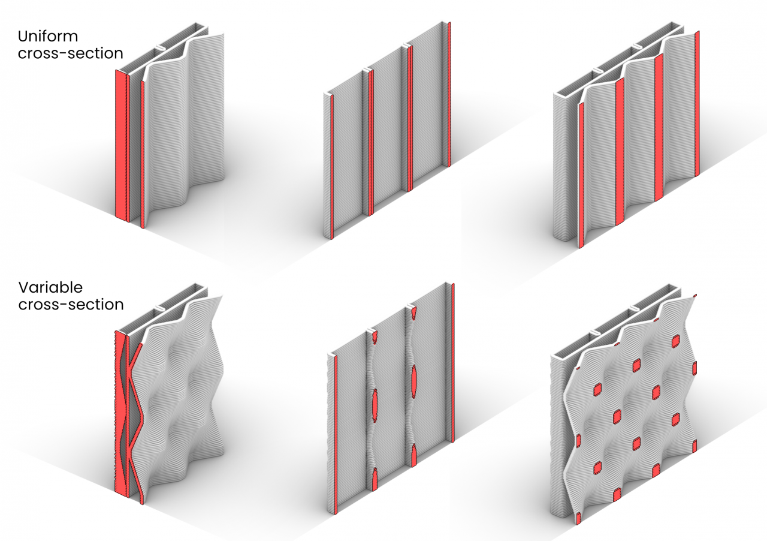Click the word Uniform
(x=48, y=37)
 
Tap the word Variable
(x=51, y=287)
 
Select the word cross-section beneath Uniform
(x=71, y=53)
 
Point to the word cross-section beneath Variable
(x=71, y=305)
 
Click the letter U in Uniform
(x=23, y=37)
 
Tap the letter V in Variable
(x=24, y=287)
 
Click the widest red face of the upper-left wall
(x=121, y=145)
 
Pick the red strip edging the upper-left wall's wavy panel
(x=143, y=154)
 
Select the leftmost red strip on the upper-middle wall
(x=332, y=167)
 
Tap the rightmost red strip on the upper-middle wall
(x=449, y=95)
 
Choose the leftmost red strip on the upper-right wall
(x=581, y=175)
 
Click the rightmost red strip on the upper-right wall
(x=697, y=104)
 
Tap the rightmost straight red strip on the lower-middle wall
(x=453, y=363)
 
